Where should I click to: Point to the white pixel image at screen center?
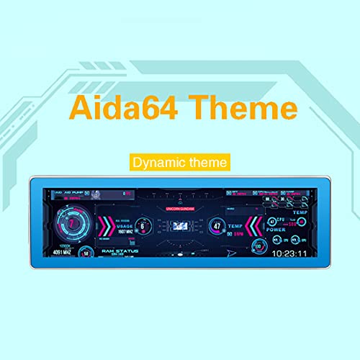pos(180,226)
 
